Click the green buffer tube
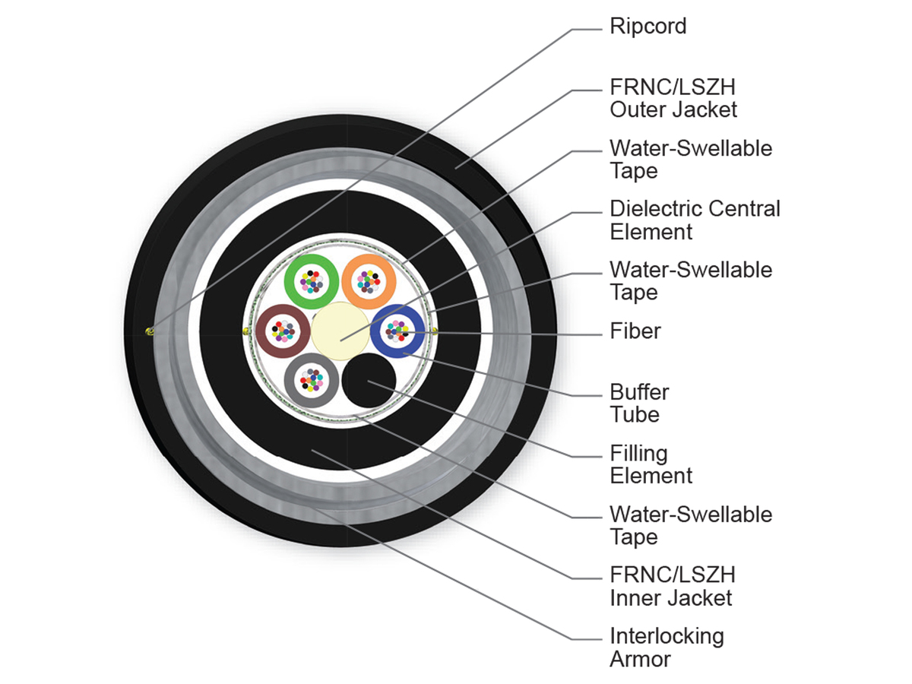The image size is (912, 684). click(x=291, y=281)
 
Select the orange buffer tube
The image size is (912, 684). click(x=348, y=281)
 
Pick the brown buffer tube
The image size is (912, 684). click(x=262, y=331)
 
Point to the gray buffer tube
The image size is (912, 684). click(x=291, y=381)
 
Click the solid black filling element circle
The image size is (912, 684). click(x=369, y=381)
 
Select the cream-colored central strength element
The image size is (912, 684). click(x=340, y=331)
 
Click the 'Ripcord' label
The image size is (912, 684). click(x=648, y=27)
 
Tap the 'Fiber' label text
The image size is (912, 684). click(x=635, y=331)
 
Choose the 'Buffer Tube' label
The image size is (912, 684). click(x=639, y=404)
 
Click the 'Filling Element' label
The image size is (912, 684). click(x=651, y=464)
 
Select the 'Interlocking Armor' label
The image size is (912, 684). click(x=667, y=647)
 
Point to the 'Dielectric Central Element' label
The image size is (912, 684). click(x=695, y=220)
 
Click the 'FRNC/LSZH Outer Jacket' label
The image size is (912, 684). click(x=673, y=99)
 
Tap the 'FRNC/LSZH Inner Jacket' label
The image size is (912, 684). click(x=673, y=587)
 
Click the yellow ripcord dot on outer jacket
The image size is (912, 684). click(x=150, y=331)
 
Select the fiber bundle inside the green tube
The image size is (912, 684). click(x=312, y=281)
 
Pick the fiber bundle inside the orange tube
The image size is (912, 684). click(x=369, y=281)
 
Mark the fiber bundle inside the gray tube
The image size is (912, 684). click(x=312, y=381)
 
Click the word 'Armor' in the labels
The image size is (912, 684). click(x=640, y=659)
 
